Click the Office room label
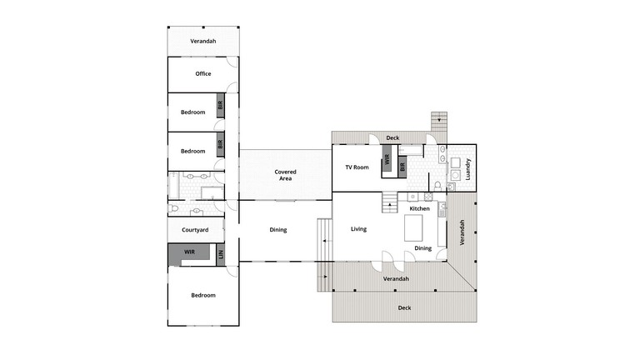203,74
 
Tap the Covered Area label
286,175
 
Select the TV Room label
357,167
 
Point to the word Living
358,229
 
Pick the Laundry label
469,169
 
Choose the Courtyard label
193,229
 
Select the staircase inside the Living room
389,202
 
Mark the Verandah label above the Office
203,41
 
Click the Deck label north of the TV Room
392,138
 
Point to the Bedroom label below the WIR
203,295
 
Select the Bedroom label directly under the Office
193,112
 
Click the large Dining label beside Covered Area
277,230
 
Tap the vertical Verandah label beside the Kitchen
462,232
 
